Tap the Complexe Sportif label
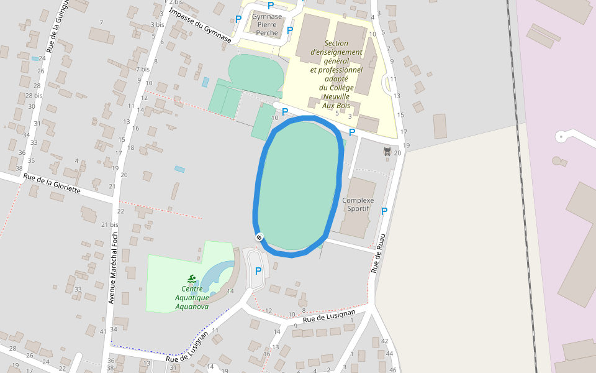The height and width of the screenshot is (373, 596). click(358, 204)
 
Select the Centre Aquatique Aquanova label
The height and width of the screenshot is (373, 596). click(192, 297)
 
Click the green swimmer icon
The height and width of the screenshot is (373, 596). click(192, 279)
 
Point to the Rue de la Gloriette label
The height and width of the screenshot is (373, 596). click(52, 183)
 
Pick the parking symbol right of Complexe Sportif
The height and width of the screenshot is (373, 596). click(384, 211)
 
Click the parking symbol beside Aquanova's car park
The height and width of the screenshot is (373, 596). click(258, 271)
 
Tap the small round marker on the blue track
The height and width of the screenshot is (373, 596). click(259, 237)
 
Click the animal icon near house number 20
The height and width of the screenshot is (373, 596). click(387, 152)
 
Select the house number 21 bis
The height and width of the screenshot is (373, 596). click(109, 225)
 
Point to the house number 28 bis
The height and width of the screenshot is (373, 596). click(34, 96)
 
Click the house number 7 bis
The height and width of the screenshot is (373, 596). click(143, 69)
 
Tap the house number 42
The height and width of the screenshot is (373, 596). click(384, 341)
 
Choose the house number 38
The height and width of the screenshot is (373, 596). click(19, 168)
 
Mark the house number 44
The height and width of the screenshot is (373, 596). click(390, 354)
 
